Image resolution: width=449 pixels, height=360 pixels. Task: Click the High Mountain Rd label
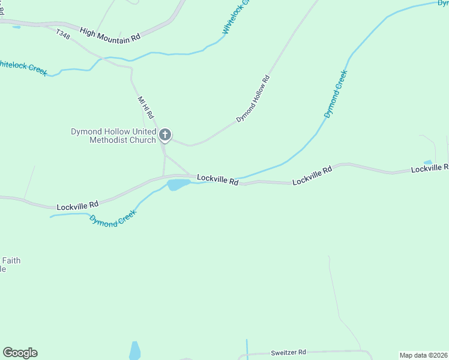110,34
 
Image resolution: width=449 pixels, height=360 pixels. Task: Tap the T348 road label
62,36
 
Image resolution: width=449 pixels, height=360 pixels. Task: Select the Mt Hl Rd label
146,107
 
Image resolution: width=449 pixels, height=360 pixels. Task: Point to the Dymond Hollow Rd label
253,99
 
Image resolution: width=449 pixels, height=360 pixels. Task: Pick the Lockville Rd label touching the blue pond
218,179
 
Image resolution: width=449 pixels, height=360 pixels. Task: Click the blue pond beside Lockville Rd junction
178,184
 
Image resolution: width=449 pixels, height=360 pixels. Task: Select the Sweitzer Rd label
288,352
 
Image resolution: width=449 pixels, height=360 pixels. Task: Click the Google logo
20,353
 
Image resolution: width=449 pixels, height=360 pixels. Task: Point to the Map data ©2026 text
424,355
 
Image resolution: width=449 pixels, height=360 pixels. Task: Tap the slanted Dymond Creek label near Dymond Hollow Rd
336,94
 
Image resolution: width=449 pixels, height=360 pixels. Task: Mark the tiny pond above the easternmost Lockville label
427,162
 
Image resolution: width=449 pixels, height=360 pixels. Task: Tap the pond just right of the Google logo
134,350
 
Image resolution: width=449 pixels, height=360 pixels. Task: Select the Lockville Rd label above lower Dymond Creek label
77,206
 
